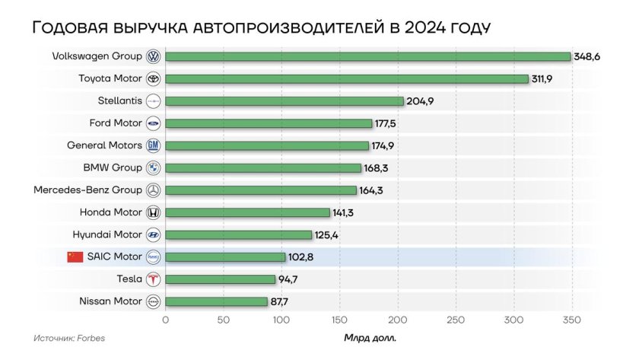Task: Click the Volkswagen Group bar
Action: [x=367, y=56]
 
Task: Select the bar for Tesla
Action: [x=220, y=279]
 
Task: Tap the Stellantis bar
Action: [x=284, y=101]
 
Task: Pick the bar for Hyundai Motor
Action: [x=238, y=234]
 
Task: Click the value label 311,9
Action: [x=544, y=78]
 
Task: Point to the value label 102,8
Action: [x=300, y=257]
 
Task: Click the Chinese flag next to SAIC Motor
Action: [x=75, y=256]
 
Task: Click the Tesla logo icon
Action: [x=153, y=279]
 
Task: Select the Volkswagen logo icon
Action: [x=153, y=56]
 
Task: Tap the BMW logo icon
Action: [x=153, y=167]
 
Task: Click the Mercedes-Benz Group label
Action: [x=87, y=190]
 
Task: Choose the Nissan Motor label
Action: [x=110, y=301]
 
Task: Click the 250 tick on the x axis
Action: [x=456, y=320]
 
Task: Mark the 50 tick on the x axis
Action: [x=224, y=320]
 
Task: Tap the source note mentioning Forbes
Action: [x=69, y=338]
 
